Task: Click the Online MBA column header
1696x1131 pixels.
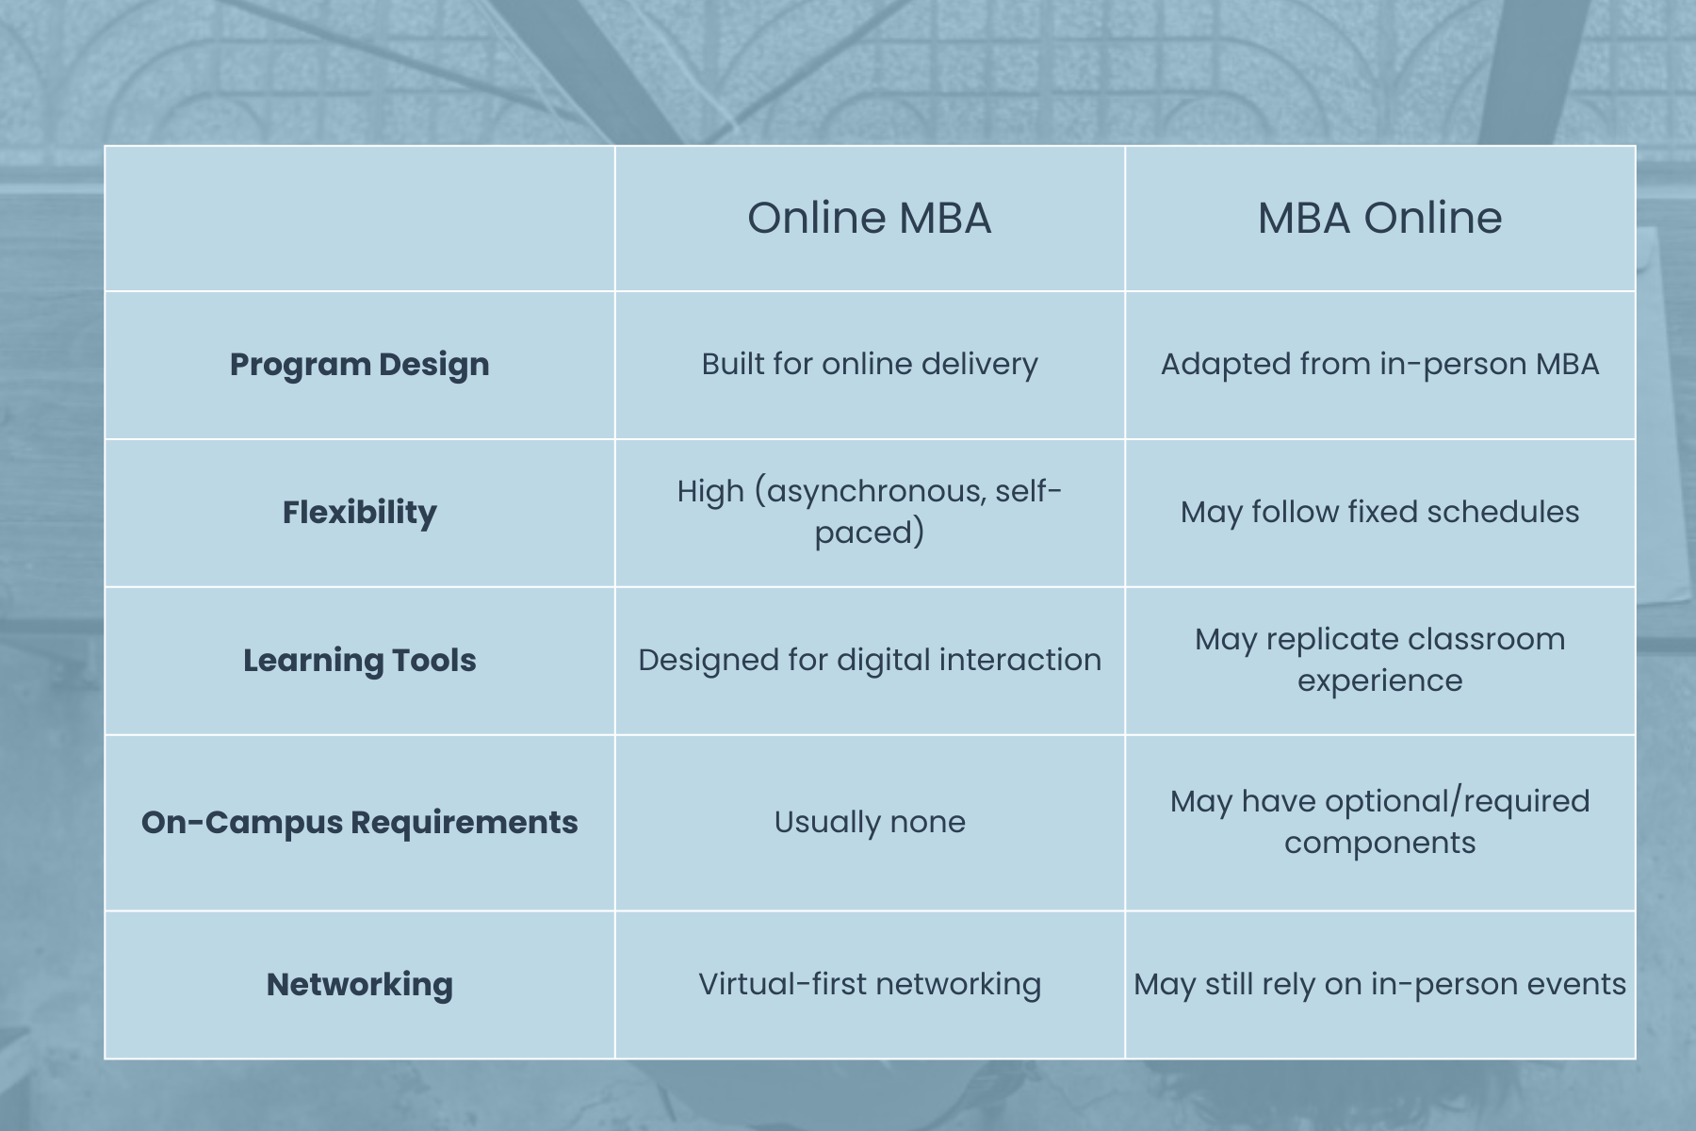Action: (869, 218)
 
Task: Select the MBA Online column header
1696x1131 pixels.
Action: (1379, 218)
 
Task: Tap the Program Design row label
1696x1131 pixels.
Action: (360, 365)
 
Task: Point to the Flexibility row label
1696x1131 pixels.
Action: (360, 512)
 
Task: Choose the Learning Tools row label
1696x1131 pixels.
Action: (360, 660)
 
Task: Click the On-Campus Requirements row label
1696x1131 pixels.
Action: (360, 822)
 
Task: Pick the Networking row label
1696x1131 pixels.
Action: (360, 984)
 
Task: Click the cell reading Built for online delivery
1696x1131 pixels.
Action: (870, 365)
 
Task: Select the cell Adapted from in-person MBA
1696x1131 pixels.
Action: (1379, 365)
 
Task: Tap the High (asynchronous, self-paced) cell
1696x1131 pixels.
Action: (870, 512)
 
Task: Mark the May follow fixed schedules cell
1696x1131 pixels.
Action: (1379, 512)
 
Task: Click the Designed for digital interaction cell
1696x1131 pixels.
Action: (870, 660)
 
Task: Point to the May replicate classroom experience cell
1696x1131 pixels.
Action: (1379, 660)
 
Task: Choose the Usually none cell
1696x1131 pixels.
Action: (870, 822)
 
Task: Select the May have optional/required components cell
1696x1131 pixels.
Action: (1379, 822)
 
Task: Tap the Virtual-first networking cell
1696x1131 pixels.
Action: (870, 984)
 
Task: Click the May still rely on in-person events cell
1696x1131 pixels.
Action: (1379, 984)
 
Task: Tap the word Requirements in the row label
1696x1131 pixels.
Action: (465, 823)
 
